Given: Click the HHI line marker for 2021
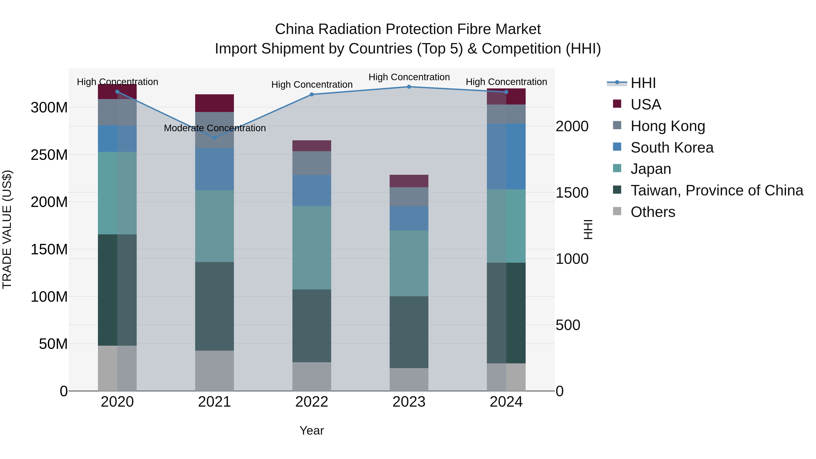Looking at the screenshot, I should [214, 138].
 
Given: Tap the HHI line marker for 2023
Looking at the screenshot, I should [409, 87].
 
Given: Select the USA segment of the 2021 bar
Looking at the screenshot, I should [214, 103].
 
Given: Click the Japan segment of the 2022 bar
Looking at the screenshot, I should [312, 248].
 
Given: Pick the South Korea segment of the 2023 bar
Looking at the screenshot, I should [409, 218].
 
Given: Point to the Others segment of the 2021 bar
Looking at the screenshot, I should [214, 371].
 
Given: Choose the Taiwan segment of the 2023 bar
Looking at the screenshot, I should [409, 332].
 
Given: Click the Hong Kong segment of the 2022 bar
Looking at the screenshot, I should [312, 163].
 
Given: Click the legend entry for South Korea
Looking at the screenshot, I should [672, 148].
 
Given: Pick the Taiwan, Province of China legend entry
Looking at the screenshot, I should [716, 190].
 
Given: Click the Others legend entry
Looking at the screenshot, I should [653, 212].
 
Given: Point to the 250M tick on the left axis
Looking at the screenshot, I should [49, 155].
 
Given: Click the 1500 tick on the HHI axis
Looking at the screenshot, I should [572, 193].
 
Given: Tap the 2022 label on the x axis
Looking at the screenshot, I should [312, 402].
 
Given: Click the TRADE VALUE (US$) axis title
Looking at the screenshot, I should [7, 229].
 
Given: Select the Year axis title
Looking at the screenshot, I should [312, 430].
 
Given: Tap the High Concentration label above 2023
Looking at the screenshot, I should [409, 77].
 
